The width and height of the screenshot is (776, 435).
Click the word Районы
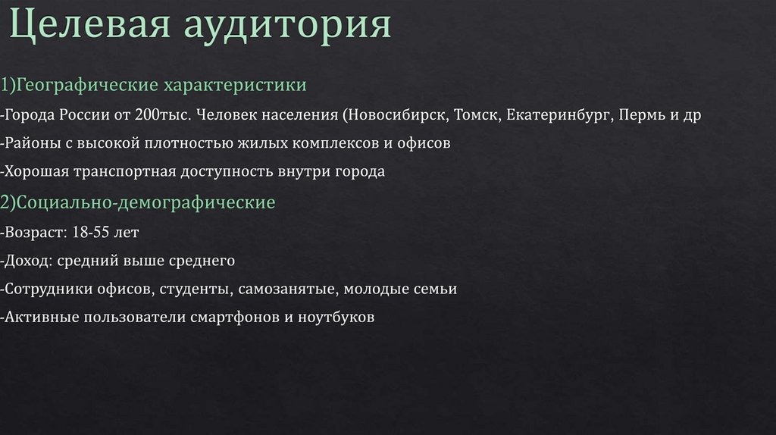click(x=31, y=143)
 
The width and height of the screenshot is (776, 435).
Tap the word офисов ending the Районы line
click(x=424, y=143)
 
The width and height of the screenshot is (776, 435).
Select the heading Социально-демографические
click(x=144, y=203)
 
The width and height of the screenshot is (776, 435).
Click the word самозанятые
click(x=289, y=289)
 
